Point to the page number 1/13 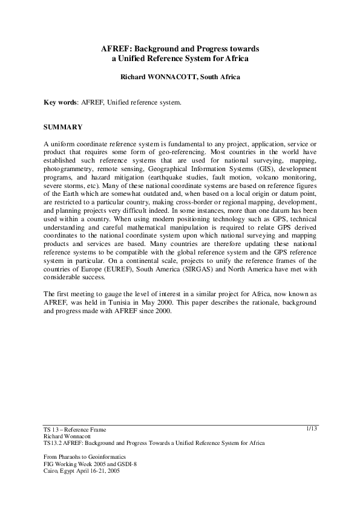312,429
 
